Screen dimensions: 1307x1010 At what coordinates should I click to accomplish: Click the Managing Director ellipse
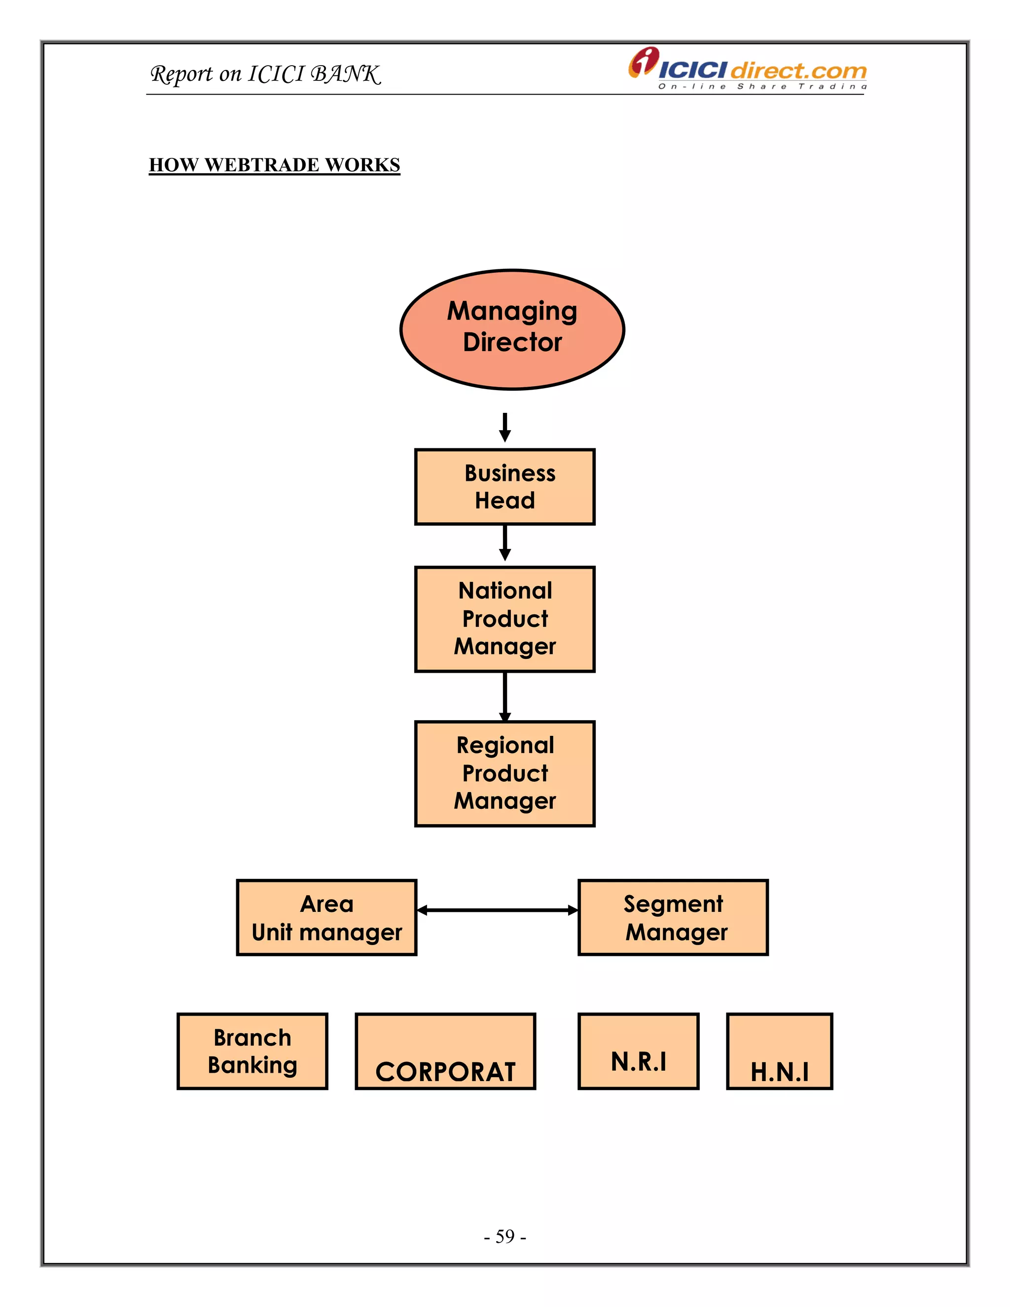point(512,329)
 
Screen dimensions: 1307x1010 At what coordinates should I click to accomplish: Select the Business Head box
point(505,486)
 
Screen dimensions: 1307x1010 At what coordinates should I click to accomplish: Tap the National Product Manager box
point(505,619)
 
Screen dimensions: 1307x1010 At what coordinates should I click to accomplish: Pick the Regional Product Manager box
point(505,773)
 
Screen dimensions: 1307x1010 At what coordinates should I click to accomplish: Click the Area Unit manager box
point(326,917)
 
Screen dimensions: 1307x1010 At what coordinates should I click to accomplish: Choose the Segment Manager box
point(673,917)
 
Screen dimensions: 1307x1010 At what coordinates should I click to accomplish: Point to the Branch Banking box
point(252,1052)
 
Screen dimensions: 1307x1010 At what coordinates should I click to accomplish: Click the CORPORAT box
point(445,1052)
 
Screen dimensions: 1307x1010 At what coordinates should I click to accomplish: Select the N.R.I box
point(638,1052)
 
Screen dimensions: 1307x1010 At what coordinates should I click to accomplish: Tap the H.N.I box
point(779,1052)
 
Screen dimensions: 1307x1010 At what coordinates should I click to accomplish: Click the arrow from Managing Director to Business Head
point(505,427)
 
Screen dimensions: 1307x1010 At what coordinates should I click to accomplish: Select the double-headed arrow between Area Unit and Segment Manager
point(497,910)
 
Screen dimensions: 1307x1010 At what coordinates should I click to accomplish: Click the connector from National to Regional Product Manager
point(505,695)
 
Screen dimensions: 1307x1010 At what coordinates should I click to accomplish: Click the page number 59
point(505,1236)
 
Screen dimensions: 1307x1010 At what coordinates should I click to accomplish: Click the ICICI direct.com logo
point(748,68)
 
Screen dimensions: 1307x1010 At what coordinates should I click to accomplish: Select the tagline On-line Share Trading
point(762,87)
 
